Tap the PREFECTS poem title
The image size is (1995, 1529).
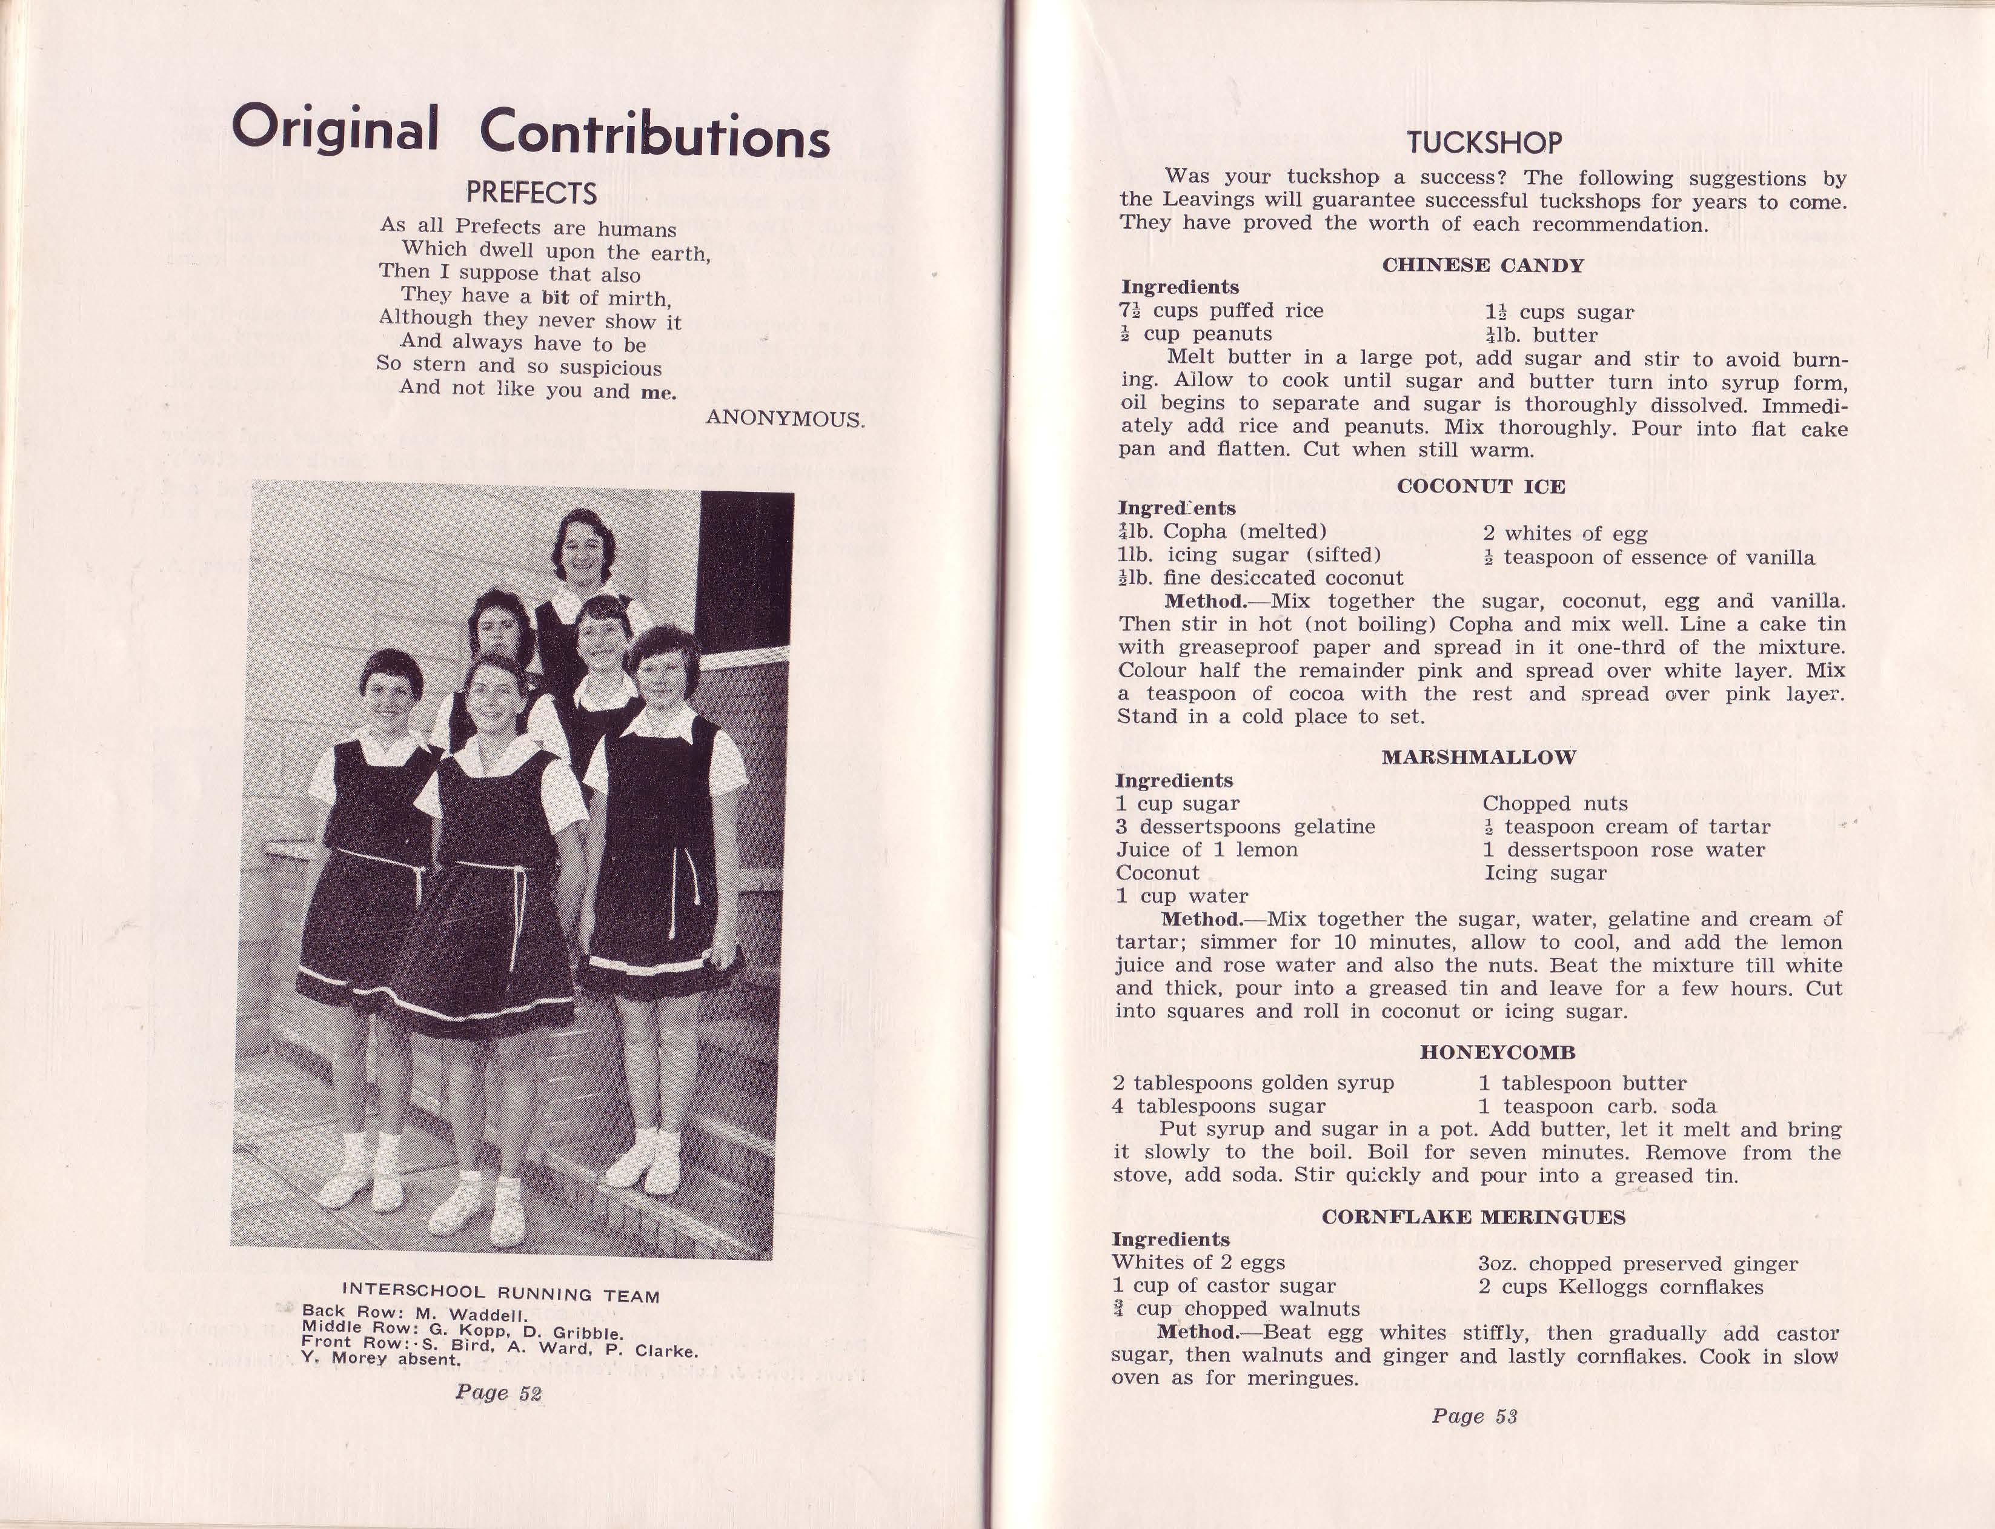coord(531,193)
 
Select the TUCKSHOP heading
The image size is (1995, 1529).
coord(1484,143)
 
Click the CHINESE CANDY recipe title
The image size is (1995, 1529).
coord(1482,266)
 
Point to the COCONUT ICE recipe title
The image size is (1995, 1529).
coord(1481,487)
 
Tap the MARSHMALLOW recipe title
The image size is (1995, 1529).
coord(1479,757)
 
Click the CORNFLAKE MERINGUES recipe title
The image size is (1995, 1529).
coord(1473,1218)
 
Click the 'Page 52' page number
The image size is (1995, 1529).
coord(499,1393)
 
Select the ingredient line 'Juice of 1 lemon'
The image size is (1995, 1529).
coord(1207,850)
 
